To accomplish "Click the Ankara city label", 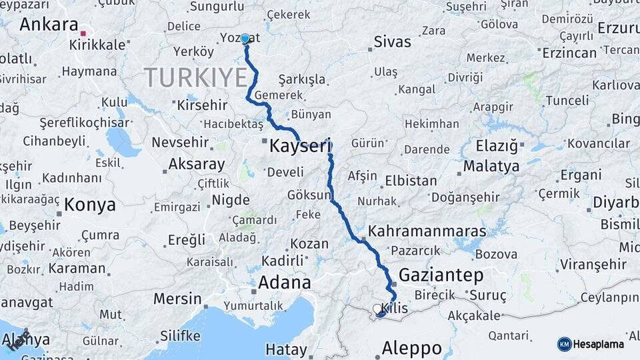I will coord(49,25).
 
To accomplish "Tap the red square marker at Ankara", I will coord(83,32).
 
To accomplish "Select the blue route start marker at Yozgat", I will coord(245,39).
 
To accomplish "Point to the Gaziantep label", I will coord(441,275).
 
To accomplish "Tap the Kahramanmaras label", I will coord(427,231).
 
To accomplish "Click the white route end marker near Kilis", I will coord(377,309).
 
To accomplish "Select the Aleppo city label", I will coord(411,347).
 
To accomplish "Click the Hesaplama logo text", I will coord(599,344).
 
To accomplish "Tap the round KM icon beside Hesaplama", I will coord(564,344).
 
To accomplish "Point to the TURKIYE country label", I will coord(195,77).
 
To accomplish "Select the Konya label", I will coord(90,205).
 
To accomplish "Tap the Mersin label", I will coord(177,298).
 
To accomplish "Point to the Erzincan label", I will coord(569,52).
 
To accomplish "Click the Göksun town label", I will coord(309,195).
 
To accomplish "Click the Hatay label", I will coord(286,349).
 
